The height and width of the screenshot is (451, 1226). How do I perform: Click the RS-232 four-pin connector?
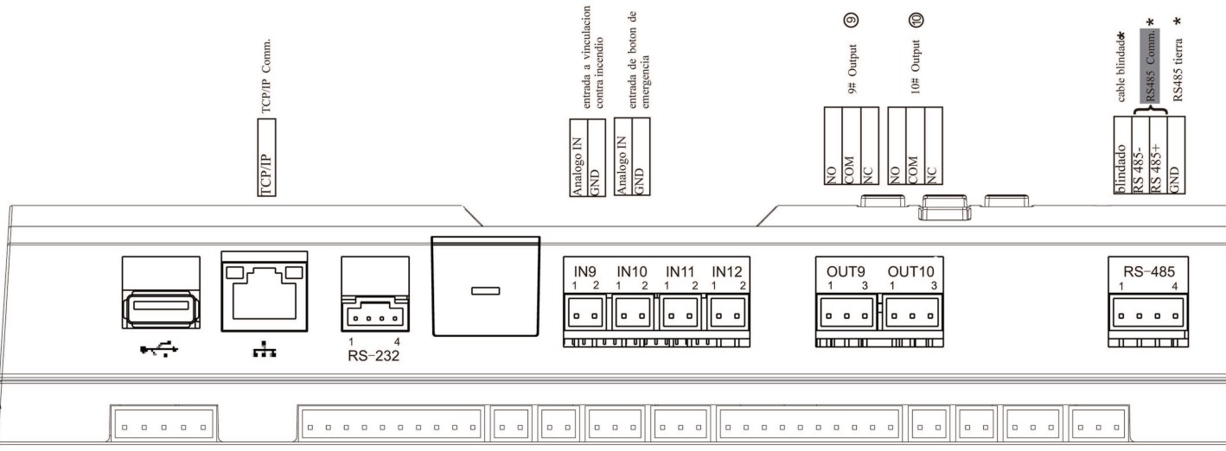point(374,317)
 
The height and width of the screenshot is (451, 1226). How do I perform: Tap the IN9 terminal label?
point(586,272)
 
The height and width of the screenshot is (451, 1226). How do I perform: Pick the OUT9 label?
point(835,272)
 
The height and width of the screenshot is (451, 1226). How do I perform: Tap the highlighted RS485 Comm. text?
point(1149,66)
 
